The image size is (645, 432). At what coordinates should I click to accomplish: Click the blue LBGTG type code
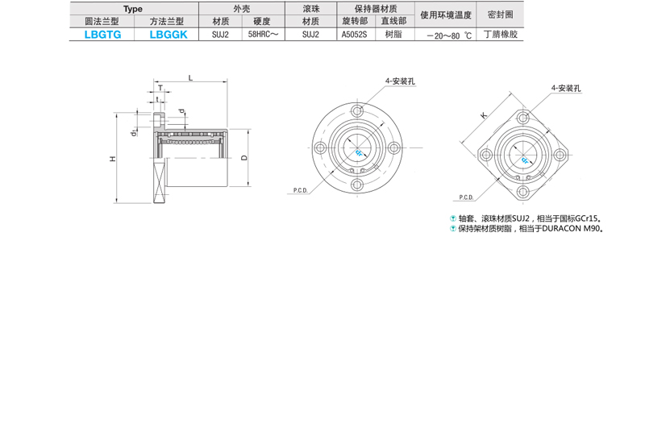point(103,35)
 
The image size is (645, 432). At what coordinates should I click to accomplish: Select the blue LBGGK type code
point(169,35)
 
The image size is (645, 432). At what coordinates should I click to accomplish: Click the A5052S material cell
point(354,35)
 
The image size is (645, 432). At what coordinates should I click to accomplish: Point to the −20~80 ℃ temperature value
point(449,35)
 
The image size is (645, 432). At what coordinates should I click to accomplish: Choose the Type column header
point(133,9)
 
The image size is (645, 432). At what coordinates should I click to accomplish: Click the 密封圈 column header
point(500,15)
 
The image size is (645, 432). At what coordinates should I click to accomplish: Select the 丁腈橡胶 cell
point(501,35)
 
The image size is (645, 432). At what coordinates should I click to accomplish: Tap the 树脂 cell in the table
point(393,35)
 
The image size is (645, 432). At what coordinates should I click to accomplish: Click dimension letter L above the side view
point(190,77)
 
